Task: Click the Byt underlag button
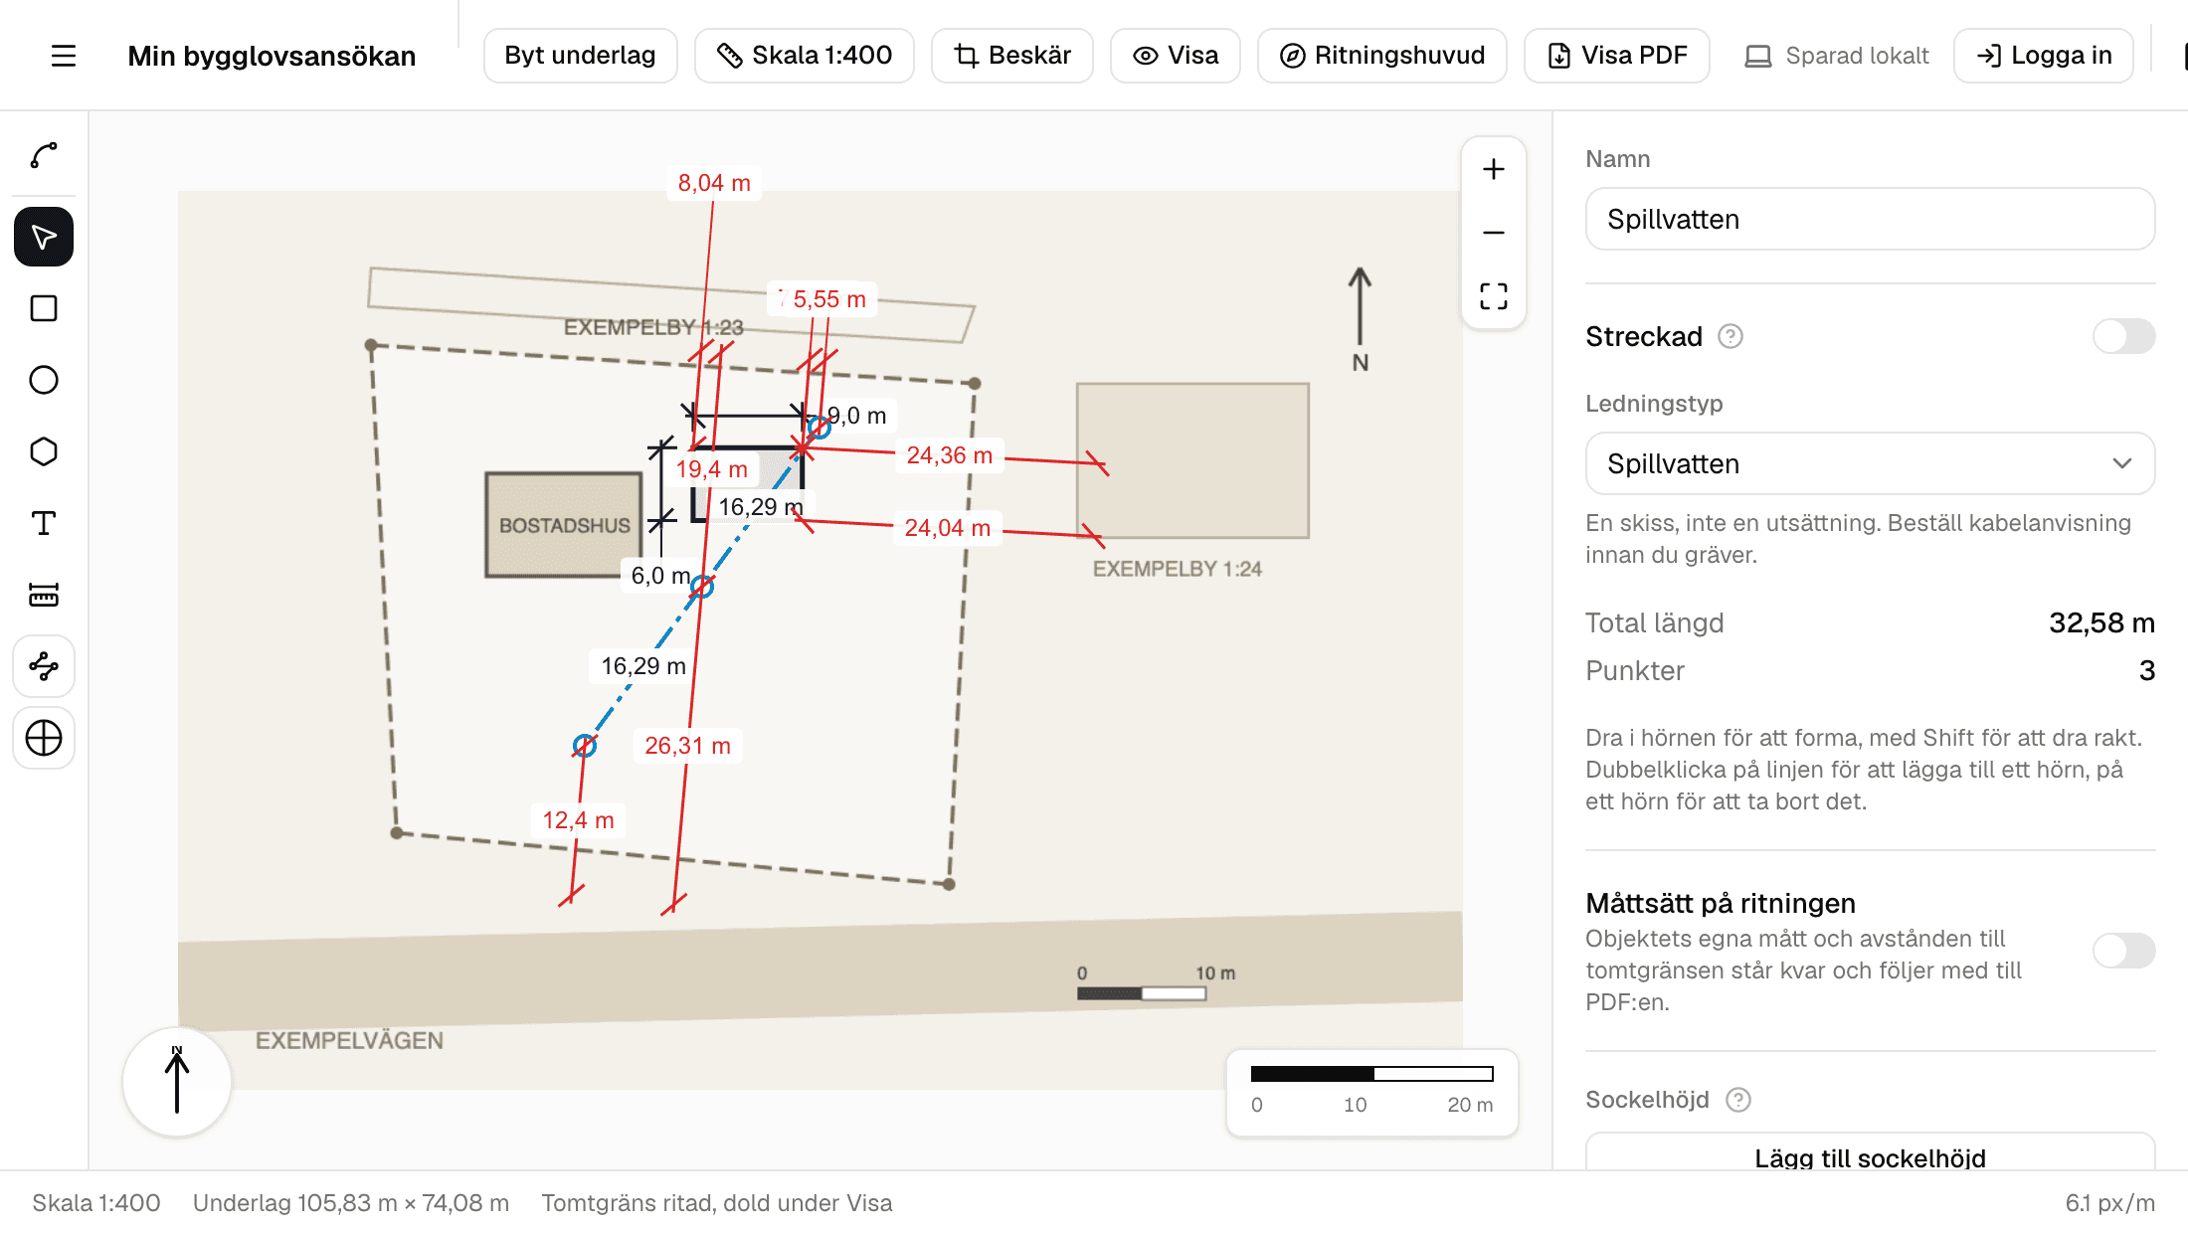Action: pos(580,56)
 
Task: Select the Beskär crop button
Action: pos(1011,56)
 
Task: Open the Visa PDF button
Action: pos(1616,56)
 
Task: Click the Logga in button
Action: pos(2044,56)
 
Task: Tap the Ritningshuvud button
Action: pos(1381,56)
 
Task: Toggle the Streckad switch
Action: pos(2123,336)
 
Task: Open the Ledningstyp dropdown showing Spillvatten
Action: pos(1870,463)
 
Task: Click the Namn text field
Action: pos(1870,219)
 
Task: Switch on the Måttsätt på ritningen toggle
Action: pos(2123,951)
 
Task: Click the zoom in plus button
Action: pos(1493,169)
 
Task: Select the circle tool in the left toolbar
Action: pos(44,380)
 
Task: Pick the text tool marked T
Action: pos(44,523)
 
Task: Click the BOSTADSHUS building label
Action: pos(565,525)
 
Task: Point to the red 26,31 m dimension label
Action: pos(687,746)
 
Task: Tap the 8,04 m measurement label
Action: pos(714,183)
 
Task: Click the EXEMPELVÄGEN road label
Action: pos(349,1040)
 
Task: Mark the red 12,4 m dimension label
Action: pos(578,820)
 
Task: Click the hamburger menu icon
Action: pos(64,56)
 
